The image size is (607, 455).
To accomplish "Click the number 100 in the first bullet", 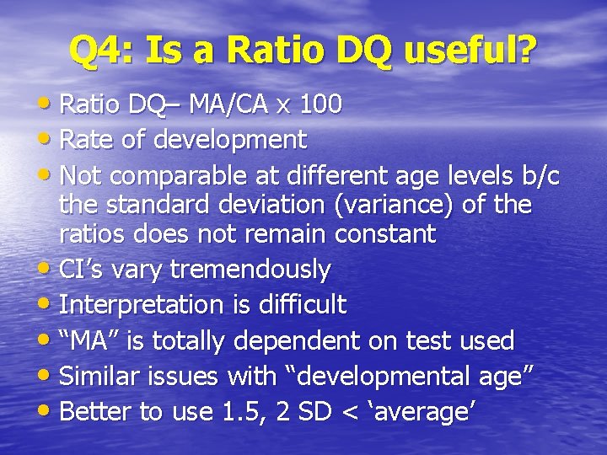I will coord(320,104).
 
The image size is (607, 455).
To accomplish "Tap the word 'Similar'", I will coord(99,376).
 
